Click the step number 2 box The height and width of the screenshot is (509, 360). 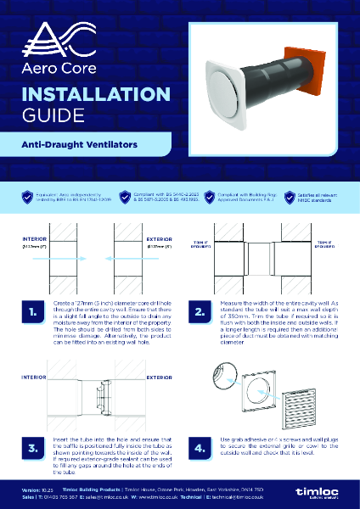201,313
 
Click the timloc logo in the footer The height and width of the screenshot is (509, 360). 326,493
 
